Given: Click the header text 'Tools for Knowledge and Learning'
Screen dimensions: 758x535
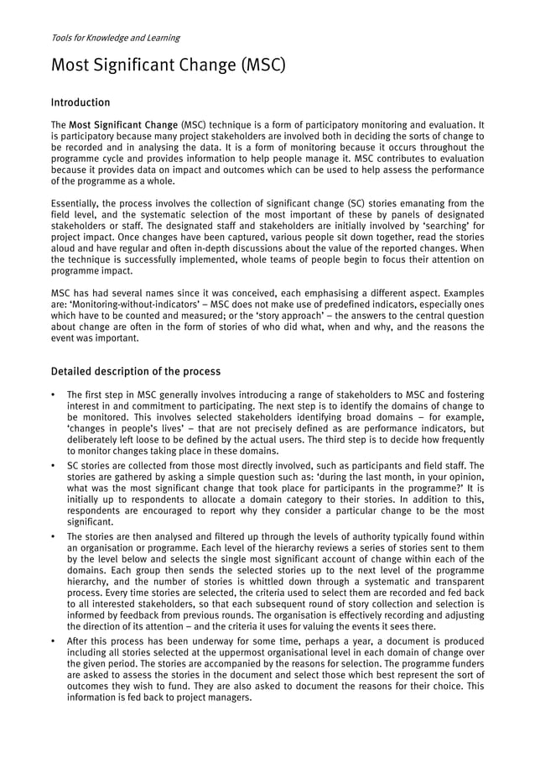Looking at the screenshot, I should (x=115, y=38).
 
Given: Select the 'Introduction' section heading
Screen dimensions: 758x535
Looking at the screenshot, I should (x=81, y=102).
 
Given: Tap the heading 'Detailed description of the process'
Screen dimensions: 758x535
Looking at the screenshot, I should (x=136, y=371).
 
